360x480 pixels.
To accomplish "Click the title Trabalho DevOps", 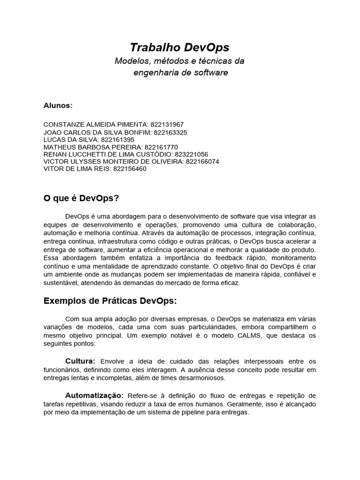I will coord(180,47).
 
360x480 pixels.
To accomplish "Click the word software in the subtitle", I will coord(210,73).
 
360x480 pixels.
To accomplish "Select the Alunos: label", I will coord(58,105).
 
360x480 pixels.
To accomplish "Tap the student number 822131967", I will coord(167,125).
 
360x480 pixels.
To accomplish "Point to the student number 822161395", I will coord(118,140).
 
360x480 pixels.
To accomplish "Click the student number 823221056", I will coord(191,154).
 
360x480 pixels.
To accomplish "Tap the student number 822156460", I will coord(129,169).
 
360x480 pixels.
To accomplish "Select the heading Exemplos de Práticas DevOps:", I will coord(110,300).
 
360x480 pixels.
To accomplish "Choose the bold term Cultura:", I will coord(80,361).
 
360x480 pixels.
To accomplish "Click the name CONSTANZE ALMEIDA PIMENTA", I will coord(95,125).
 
